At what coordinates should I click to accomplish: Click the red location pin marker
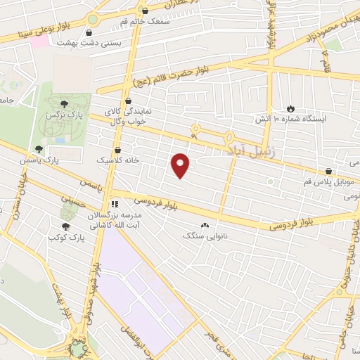click(x=181, y=165)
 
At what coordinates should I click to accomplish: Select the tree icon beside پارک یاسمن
click(x=39, y=149)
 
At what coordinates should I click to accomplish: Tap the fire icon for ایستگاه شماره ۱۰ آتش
click(x=290, y=109)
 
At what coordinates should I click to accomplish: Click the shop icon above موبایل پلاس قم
click(x=328, y=171)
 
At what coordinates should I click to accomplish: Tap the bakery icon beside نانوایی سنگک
click(x=205, y=226)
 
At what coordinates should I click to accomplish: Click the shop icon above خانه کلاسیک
click(x=117, y=150)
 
